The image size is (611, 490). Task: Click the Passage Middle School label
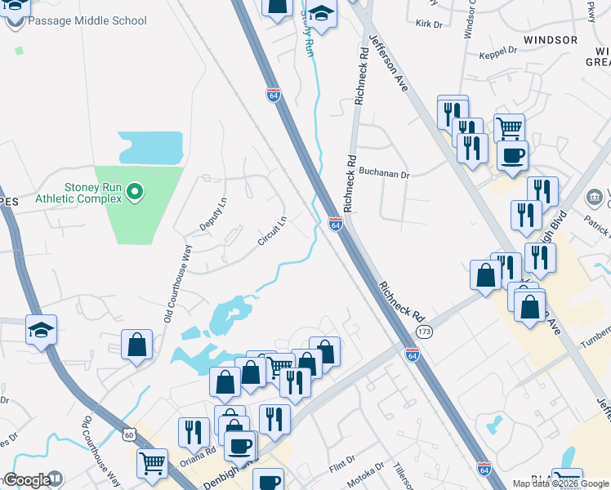point(87,20)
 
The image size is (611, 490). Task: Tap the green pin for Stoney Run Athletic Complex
point(136,193)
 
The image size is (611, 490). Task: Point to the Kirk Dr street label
point(428,24)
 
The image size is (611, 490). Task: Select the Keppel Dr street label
point(502,51)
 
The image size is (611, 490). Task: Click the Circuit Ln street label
point(272,231)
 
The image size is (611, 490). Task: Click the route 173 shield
point(423,332)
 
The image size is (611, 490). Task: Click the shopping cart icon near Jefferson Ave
point(509,127)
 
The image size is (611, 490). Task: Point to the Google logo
point(27,481)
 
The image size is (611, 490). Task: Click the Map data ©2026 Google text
point(560,483)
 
